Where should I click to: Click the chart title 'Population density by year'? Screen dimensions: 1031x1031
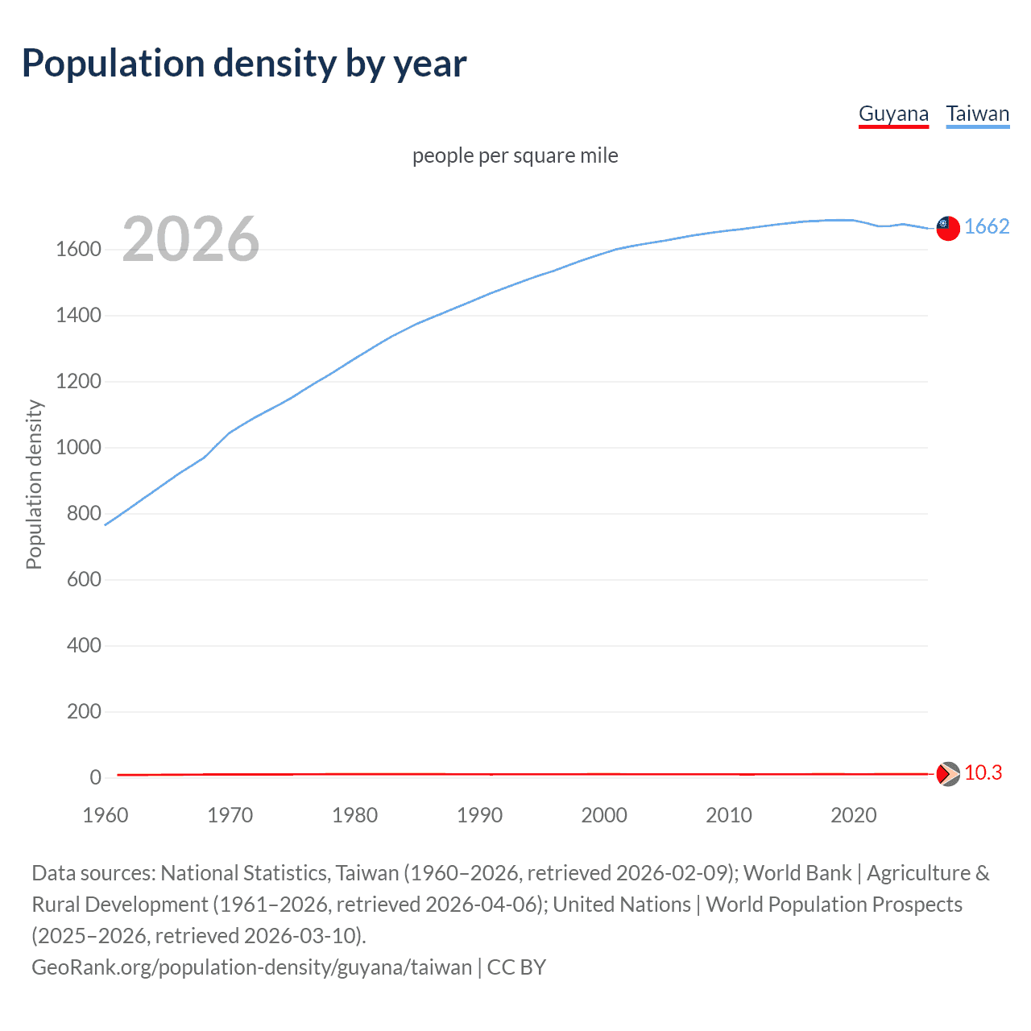(244, 64)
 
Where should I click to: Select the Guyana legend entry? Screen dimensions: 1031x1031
(893, 114)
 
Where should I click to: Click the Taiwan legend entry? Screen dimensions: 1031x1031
(977, 114)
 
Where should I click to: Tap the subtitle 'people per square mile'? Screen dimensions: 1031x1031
(515, 155)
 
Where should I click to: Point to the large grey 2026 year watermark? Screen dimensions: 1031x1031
(191, 239)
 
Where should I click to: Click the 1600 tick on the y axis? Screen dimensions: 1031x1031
(78, 250)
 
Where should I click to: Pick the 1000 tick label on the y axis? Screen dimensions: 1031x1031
(78, 448)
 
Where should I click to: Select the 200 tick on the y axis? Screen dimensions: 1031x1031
(84, 712)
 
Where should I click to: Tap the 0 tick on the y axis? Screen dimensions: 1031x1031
(95, 778)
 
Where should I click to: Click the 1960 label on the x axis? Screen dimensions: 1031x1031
(106, 815)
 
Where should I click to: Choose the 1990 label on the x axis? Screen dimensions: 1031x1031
(479, 815)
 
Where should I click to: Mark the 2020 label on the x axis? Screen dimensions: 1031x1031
(853, 815)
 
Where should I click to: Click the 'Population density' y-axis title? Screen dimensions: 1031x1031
(34, 485)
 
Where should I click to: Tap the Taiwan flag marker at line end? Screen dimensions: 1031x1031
(948, 229)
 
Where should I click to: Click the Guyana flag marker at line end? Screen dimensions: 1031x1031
(948, 774)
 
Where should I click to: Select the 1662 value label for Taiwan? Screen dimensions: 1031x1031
(987, 226)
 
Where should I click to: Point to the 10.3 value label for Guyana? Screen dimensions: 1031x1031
(983, 773)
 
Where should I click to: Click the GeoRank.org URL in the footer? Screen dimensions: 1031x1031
(251, 967)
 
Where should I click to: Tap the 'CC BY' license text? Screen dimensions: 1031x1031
(516, 967)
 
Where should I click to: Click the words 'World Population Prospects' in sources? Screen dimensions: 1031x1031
(834, 905)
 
